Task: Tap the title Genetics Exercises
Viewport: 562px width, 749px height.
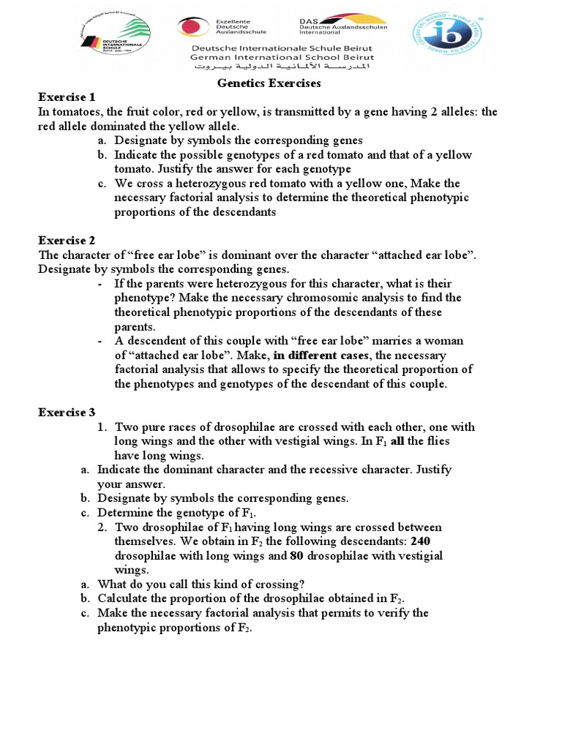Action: pos(269,83)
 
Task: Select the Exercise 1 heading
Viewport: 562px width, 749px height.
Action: pos(67,97)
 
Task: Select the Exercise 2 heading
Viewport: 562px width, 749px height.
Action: pos(67,240)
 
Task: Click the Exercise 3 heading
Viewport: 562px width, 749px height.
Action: pos(67,412)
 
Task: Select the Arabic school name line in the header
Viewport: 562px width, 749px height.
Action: pos(281,67)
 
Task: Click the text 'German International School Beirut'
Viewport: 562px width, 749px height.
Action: pos(281,57)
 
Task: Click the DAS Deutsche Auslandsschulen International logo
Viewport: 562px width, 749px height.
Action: pos(342,27)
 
